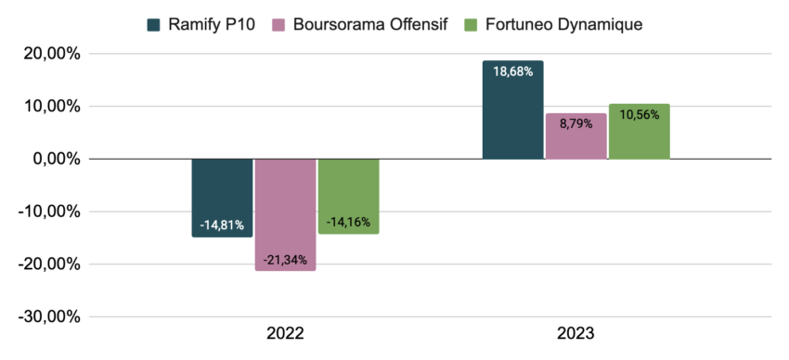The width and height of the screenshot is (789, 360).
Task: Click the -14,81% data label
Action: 222,224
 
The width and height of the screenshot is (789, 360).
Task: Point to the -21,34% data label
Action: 285,258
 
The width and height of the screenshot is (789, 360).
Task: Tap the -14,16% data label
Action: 348,221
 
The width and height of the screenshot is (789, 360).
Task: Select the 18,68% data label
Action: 512,71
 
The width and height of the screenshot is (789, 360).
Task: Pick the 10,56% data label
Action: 639,114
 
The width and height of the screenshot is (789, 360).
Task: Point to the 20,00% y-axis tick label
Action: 50,54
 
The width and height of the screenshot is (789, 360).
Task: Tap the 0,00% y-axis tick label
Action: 55,159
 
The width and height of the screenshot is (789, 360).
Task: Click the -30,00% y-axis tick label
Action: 48,316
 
